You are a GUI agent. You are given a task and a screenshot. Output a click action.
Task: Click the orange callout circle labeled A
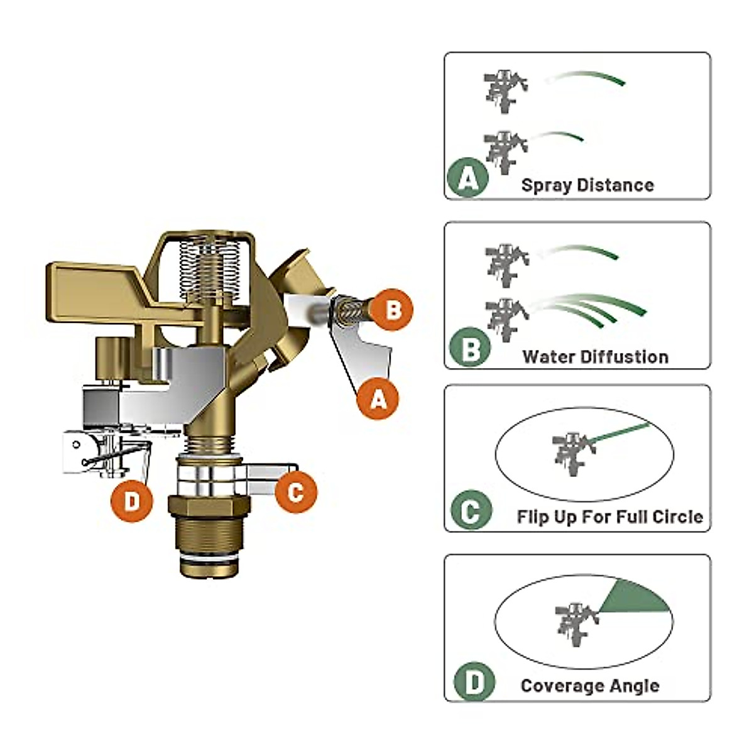pos(378,398)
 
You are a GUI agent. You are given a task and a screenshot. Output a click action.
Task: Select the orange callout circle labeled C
pos(295,491)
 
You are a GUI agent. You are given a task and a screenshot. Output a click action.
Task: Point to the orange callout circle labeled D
pos(132,501)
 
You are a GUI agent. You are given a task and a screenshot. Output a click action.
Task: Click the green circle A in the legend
pos(467,178)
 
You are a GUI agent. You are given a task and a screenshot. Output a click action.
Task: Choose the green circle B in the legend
pos(470,348)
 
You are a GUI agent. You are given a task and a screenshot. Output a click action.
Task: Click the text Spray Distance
pos(587,185)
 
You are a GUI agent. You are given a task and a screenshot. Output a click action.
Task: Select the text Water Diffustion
pos(595,357)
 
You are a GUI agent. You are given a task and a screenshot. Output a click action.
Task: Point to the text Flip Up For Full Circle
pos(609,517)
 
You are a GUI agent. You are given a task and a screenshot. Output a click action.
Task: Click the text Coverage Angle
pos(590,686)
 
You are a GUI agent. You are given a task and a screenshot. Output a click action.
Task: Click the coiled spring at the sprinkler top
pos(210,267)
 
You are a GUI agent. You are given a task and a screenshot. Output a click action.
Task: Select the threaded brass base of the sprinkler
pos(209,534)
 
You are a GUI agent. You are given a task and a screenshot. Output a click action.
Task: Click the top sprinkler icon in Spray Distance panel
pos(505,89)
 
